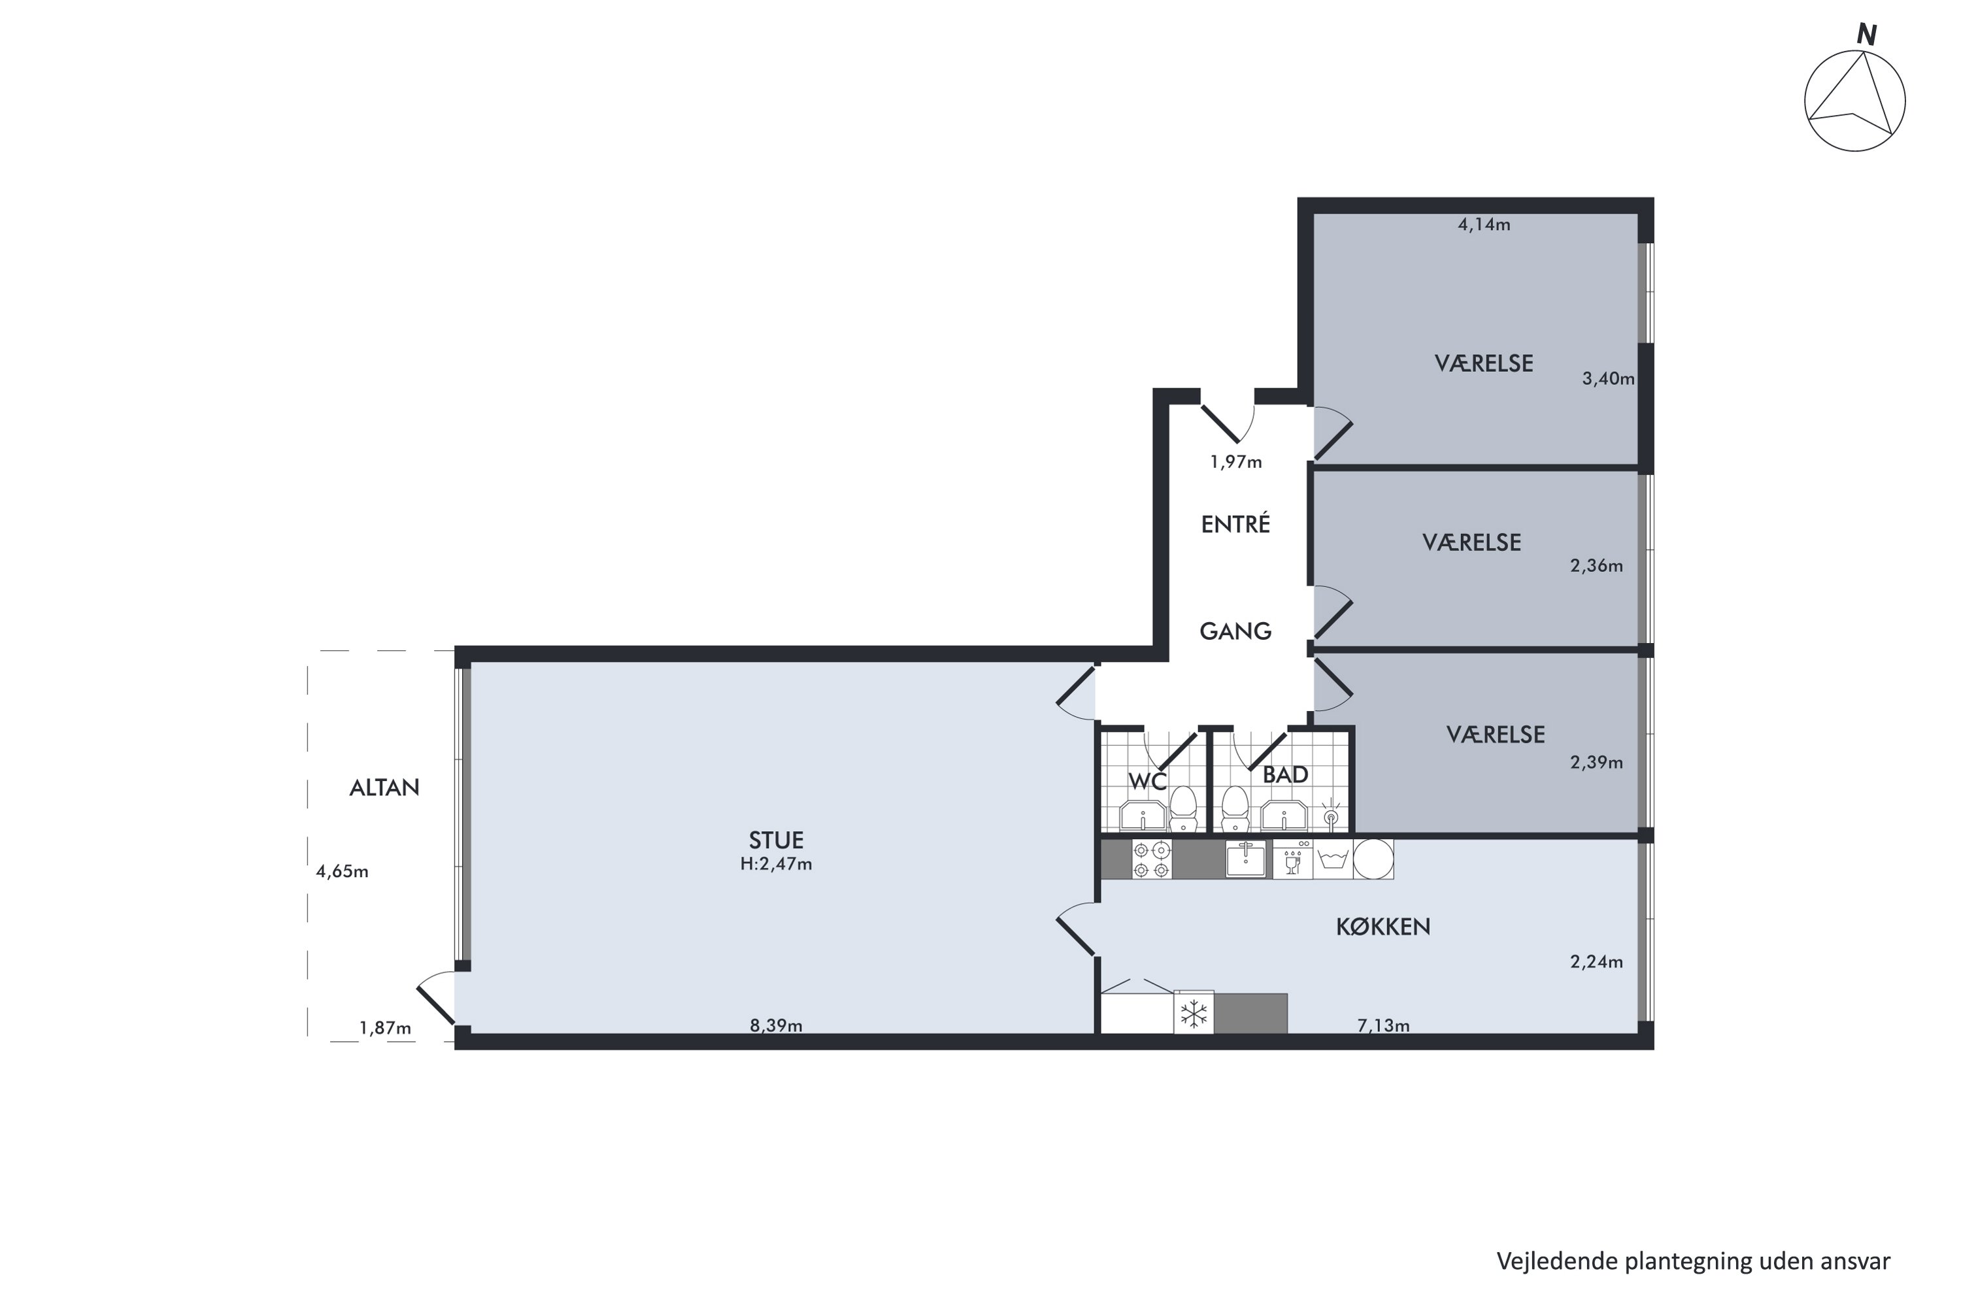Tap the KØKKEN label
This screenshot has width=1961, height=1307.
click(1383, 927)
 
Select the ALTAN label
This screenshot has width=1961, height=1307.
click(384, 787)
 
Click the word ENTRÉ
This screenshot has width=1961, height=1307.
click(1235, 524)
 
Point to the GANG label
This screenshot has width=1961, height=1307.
click(1235, 631)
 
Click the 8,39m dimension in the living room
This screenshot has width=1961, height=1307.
click(775, 1025)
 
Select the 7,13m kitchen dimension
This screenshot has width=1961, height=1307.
click(1383, 1025)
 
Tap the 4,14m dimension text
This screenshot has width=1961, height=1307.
click(1483, 224)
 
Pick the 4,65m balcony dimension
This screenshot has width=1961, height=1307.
click(342, 872)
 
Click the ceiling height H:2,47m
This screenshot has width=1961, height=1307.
click(775, 865)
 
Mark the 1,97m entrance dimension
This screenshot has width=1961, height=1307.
click(1235, 462)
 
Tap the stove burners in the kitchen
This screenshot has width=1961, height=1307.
click(1151, 860)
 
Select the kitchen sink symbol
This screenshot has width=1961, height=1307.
click(1246, 859)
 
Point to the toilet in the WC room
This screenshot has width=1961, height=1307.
click(1182, 808)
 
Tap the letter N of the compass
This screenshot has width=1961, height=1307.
click(1867, 35)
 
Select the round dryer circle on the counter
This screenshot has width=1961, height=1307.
click(1372, 859)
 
